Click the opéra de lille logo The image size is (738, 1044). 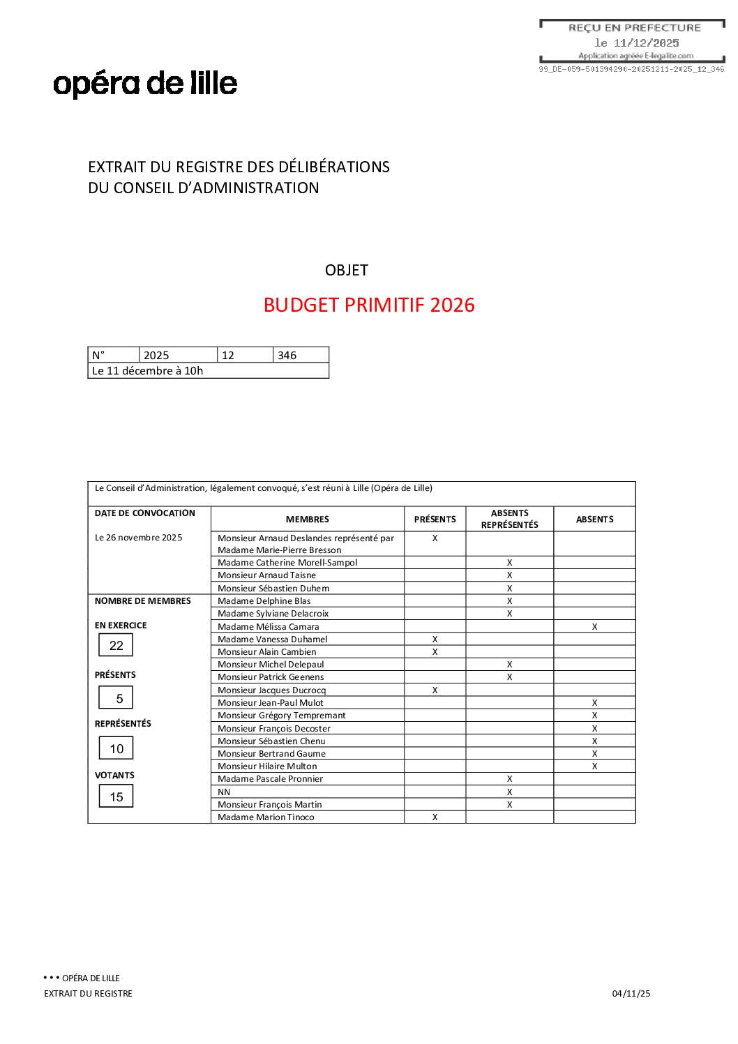pos(145,84)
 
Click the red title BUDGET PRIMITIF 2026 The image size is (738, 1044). pos(369,305)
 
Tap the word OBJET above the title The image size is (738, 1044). pos(346,271)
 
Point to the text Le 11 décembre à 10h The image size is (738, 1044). pos(147,371)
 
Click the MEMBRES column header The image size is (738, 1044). pos(307,520)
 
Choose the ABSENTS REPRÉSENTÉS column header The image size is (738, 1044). pos(509,519)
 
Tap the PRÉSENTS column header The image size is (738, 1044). pos(435,520)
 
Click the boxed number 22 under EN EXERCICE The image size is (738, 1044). pos(116,646)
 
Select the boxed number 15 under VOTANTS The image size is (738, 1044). pos(116,797)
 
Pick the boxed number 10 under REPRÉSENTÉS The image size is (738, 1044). pos(116,749)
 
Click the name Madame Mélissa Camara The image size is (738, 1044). pos(268,627)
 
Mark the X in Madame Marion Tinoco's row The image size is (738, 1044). pos(435,817)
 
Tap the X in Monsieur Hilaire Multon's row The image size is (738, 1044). pos(594,766)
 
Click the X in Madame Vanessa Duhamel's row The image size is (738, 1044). pos(435,640)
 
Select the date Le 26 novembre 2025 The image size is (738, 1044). pos(138,538)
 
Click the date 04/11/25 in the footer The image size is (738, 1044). pos(631,994)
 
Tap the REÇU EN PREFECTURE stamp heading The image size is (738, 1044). pos(634,28)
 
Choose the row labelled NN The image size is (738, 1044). pos(224,792)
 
